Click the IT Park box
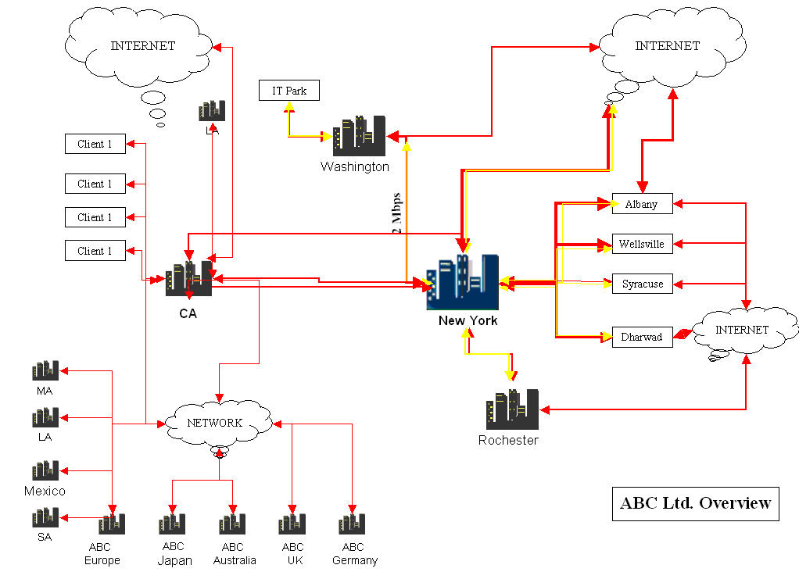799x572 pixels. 289,91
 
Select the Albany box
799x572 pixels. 642,204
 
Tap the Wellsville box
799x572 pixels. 642,244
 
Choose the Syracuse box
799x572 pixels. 642,284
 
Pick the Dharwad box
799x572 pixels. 642,337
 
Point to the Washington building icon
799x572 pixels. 359,137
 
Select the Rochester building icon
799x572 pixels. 512,409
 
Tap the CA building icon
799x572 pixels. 188,279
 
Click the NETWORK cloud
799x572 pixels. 217,423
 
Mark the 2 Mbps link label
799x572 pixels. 396,213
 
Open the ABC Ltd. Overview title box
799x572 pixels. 695,502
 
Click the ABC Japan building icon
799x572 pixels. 172,524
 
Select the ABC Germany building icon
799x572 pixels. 352,524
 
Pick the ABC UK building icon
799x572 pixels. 292,524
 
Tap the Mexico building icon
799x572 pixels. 45,470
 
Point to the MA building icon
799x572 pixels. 45,370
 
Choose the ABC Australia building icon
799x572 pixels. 232,524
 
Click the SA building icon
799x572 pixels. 45,517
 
